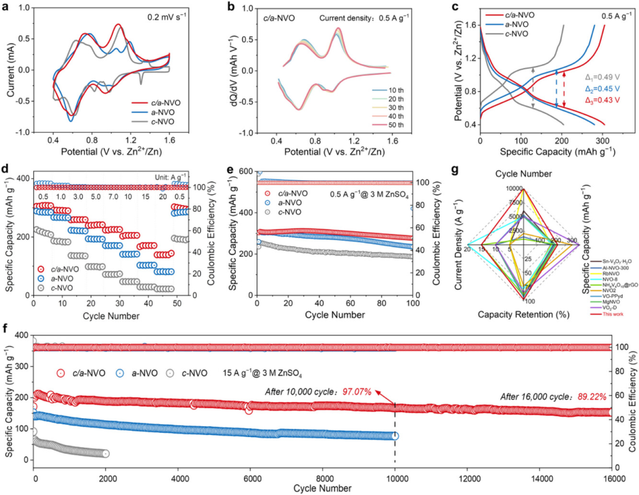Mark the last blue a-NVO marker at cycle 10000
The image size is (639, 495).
coord(395,436)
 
